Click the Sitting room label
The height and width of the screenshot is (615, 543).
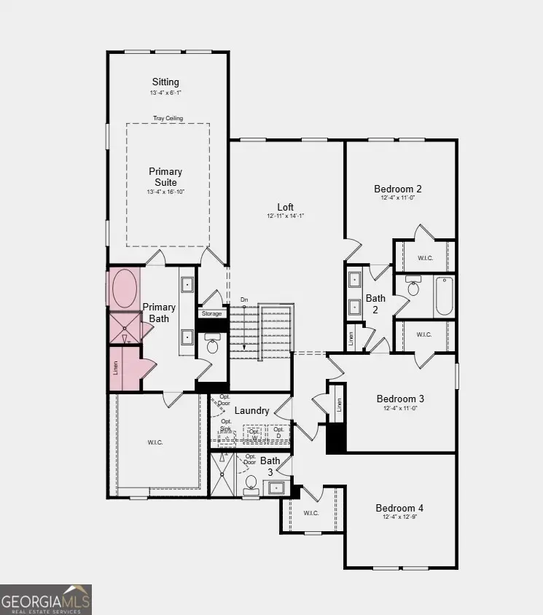165,82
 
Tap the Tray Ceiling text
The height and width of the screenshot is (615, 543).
168,118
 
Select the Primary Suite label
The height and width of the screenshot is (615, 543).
165,177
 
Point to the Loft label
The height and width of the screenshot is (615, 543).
286,206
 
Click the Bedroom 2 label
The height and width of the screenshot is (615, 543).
398,189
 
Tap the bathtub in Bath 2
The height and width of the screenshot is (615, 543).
444,296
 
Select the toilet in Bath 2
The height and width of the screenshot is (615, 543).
413,288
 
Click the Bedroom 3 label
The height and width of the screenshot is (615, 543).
400,399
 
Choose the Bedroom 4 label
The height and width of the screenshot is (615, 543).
399,508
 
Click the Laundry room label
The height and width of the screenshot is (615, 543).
251,411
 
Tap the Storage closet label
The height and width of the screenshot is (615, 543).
211,314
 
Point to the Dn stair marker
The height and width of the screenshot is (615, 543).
244,300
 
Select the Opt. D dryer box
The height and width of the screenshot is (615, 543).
279,432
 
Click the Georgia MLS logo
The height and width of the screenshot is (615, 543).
46,599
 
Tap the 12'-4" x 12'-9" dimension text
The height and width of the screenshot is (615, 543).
399,517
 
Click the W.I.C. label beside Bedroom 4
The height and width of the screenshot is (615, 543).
311,513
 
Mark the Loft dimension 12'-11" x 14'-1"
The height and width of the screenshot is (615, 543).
286,216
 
